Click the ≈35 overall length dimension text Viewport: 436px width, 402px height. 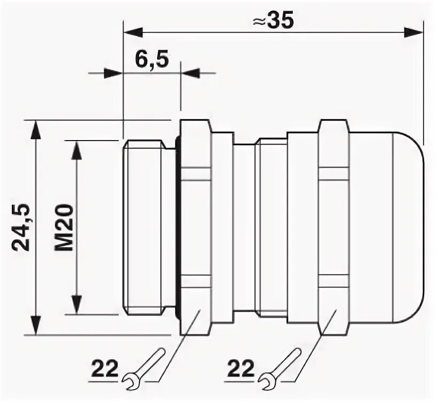[273, 21]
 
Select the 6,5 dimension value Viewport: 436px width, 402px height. [152, 59]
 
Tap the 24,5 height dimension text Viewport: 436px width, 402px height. [22, 228]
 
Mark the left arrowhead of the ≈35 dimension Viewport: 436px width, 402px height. [133, 32]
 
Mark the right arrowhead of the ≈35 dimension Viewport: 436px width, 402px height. [413, 32]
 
